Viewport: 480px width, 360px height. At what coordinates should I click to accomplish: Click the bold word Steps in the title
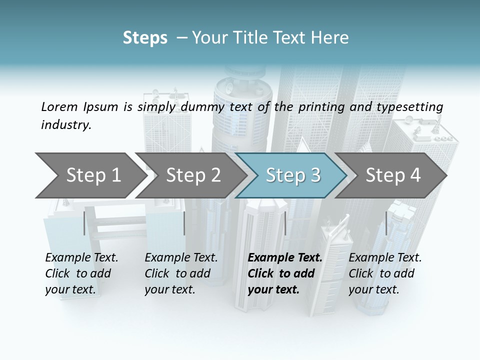(x=145, y=38)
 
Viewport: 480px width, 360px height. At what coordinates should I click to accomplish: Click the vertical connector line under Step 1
(x=84, y=223)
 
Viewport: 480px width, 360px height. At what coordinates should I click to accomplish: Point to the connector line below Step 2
(x=184, y=223)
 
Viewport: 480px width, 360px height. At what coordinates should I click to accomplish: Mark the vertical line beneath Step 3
(x=285, y=223)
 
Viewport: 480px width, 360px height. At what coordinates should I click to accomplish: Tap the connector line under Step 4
(x=386, y=223)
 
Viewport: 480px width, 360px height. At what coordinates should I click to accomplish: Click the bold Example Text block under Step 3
(x=285, y=273)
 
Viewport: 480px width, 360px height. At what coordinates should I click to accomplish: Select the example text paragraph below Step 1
(x=81, y=273)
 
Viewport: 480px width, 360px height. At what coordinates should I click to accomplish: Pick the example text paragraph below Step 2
(x=181, y=273)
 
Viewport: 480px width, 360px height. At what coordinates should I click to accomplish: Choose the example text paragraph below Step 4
(x=385, y=273)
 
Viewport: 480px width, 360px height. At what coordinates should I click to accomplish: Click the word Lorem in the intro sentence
(x=59, y=106)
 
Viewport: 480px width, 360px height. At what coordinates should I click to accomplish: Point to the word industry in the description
(x=65, y=125)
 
